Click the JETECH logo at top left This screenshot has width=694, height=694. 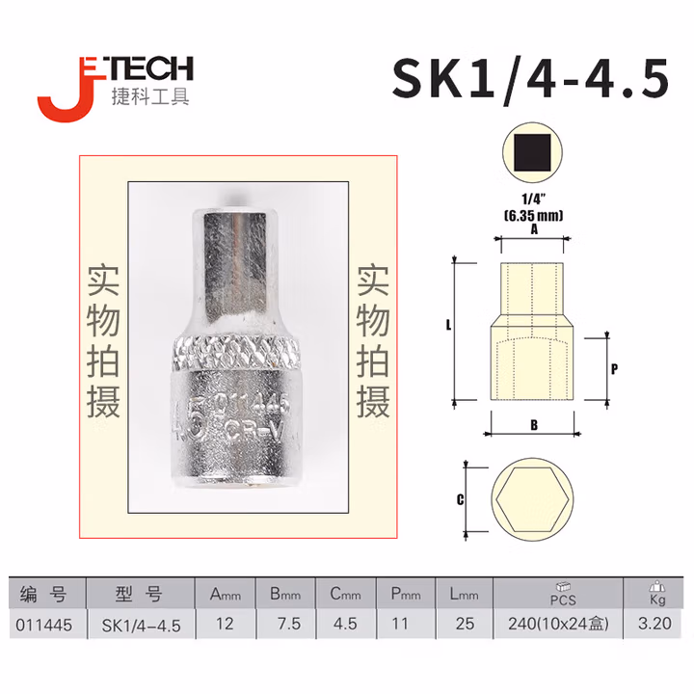click(x=115, y=82)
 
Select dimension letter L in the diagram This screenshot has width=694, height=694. click(x=448, y=327)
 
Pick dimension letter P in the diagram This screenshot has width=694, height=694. click(x=614, y=367)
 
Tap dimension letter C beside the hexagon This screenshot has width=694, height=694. click(x=461, y=499)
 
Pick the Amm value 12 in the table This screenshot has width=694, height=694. click(x=226, y=624)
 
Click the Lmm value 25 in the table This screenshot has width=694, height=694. click(x=464, y=624)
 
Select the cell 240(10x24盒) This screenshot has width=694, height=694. click(x=558, y=624)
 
